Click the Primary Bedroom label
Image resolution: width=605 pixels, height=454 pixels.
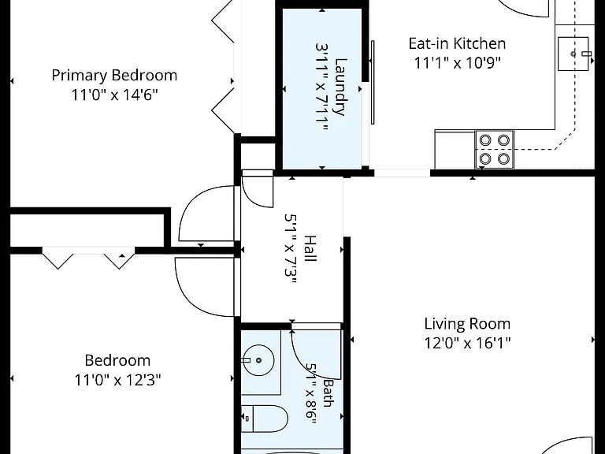tap(114, 76)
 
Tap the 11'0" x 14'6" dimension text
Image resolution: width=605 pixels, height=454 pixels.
tap(114, 95)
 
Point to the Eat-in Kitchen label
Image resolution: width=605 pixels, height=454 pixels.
tap(457, 43)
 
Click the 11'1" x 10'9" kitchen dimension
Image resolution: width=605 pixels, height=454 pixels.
tap(457, 62)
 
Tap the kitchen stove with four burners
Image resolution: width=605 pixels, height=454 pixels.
tap(494, 150)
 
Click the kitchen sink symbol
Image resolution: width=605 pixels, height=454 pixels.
tap(573, 54)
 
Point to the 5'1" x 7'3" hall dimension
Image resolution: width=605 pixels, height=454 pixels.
tap(291, 249)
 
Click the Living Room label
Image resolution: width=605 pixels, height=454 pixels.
tap(467, 323)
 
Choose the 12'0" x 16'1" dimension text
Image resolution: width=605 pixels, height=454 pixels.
tap(467, 342)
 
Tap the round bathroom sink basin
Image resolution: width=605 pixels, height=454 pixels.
tap(258, 360)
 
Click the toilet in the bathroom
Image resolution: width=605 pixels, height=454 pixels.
tap(265, 419)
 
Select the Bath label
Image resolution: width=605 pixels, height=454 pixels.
tap(328, 393)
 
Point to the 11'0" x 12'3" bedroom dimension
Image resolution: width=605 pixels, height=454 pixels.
tap(117, 380)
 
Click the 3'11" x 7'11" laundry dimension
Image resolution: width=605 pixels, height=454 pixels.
tap(321, 87)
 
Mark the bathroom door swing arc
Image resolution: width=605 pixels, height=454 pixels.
tap(305, 363)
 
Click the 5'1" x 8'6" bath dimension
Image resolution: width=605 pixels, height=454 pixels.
tap(311, 393)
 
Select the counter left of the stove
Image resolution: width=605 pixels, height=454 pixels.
tap(455, 150)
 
